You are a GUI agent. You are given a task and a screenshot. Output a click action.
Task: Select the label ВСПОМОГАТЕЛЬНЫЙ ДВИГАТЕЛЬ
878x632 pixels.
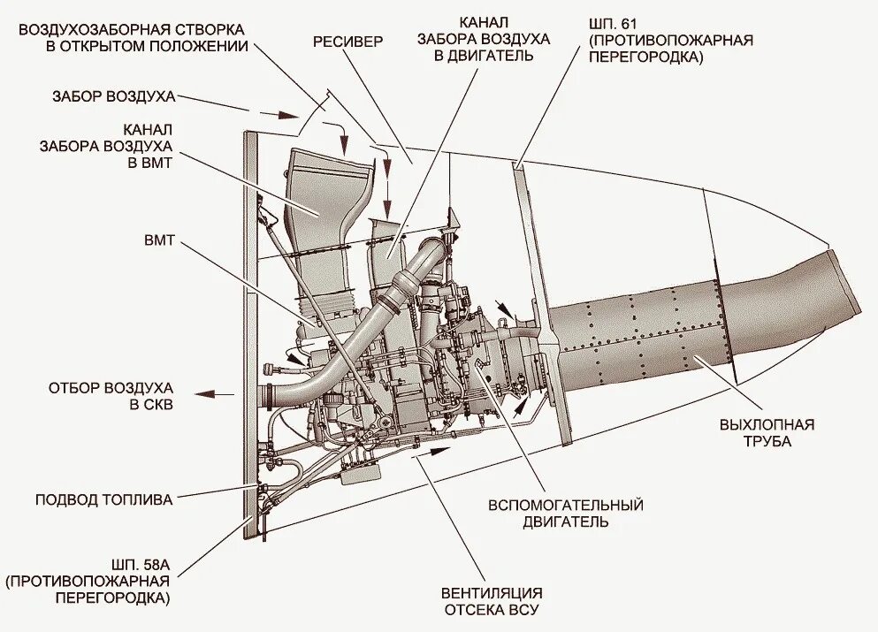point(565,513)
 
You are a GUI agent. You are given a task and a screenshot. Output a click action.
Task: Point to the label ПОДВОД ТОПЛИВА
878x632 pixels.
point(104,499)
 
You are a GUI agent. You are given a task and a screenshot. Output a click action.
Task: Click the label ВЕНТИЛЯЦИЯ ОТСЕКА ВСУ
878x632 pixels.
point(492,601)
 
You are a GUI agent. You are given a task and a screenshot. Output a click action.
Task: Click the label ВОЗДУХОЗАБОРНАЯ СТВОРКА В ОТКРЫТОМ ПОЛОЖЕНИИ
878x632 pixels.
point(133,37)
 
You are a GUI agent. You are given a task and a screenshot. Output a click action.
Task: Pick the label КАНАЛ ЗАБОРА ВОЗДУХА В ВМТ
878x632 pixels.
point(106,145)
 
